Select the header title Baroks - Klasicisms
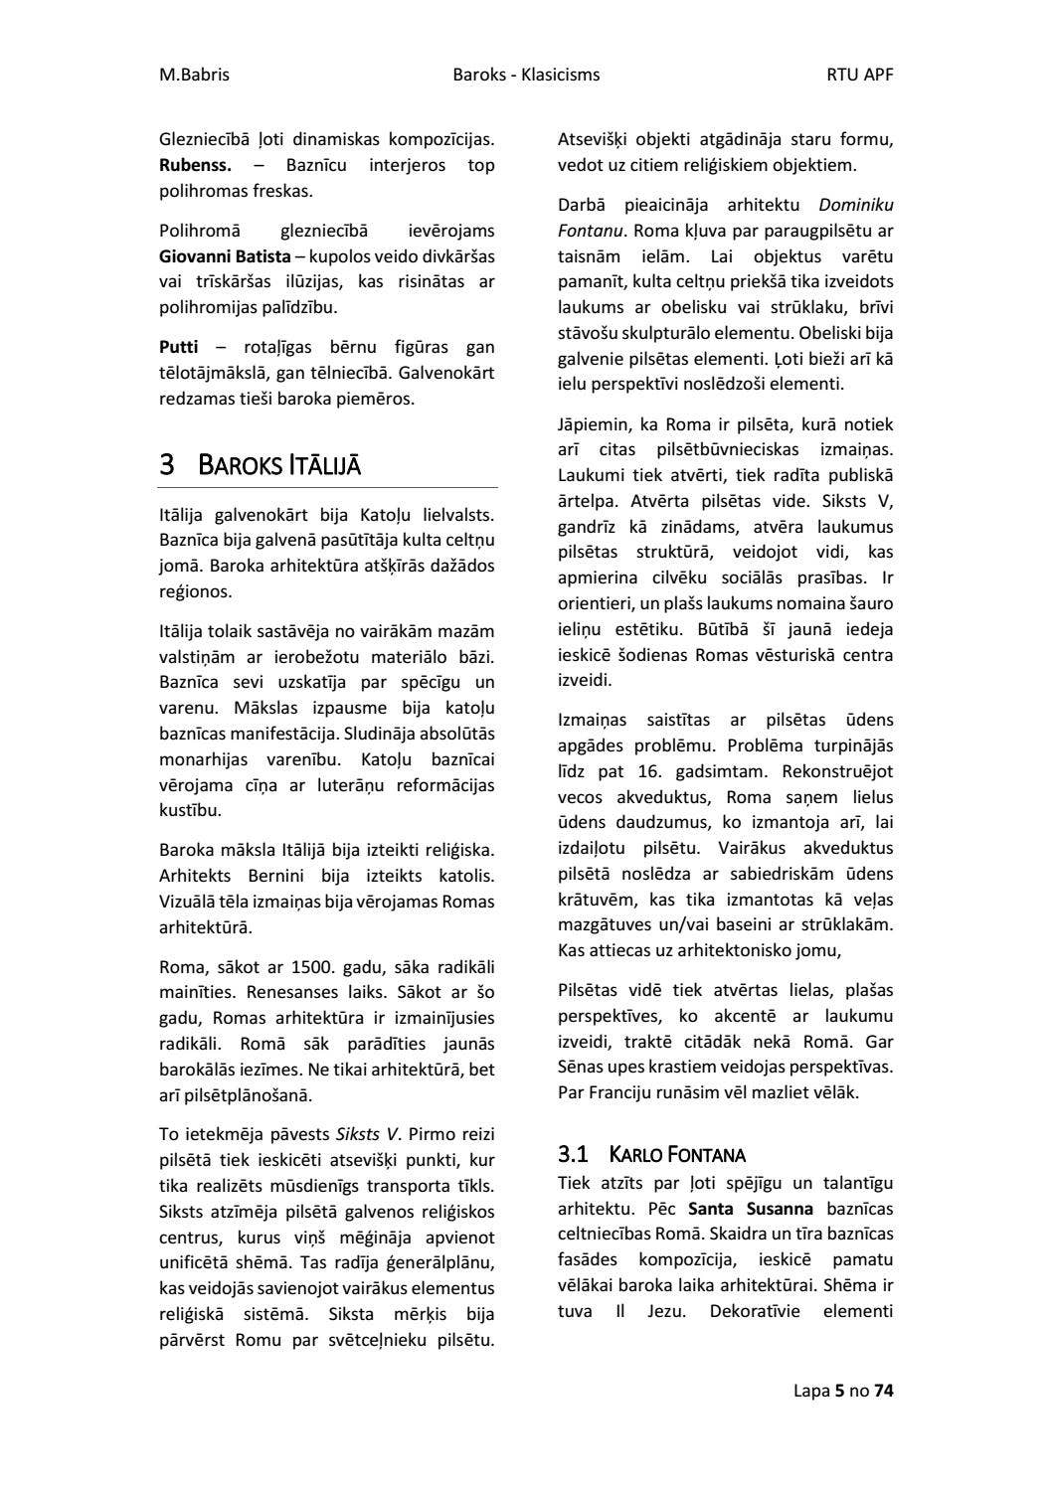point(526,75)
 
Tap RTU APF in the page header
point(859,75)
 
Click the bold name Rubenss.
point(195,165)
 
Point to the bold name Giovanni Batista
point(225,256)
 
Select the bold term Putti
point(179,347)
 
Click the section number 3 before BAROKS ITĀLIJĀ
point(167,464)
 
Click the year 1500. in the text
point(310,967)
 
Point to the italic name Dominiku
point(855,205)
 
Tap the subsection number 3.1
point(573,1154)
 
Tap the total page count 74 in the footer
point(883,1391)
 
